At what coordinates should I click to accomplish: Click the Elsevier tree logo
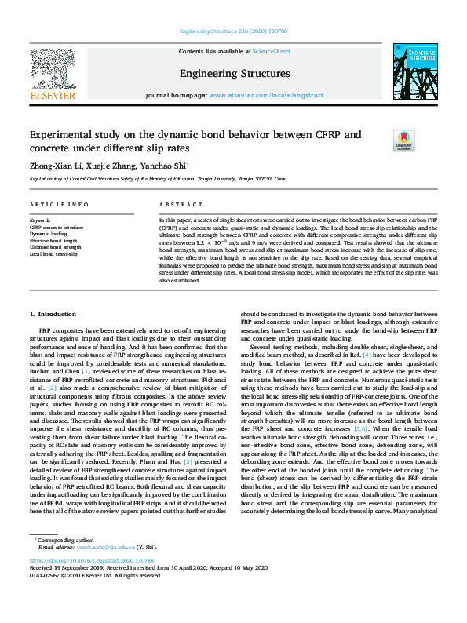(53, 68)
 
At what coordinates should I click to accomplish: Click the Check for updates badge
(403, 140)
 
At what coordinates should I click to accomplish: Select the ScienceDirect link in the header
(272, 51)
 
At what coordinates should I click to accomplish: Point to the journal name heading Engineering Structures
(234, 74)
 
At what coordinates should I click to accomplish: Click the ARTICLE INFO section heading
(59, 204)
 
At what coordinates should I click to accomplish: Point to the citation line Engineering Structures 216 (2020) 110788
(233, 31)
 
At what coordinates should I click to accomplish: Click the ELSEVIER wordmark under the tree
(53, 96)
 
